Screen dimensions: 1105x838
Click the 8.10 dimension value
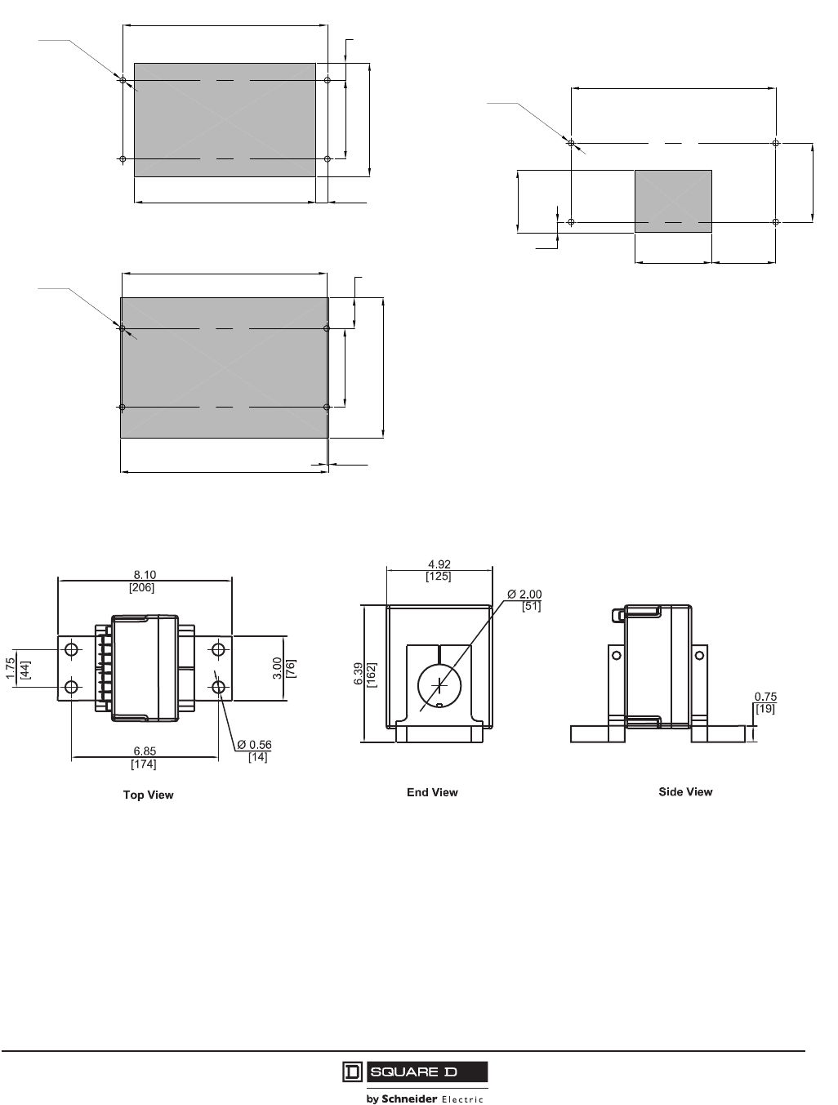pos(145,575)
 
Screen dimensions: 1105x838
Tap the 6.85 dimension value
pos(145,752)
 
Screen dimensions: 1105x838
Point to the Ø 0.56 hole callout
pos(254,744)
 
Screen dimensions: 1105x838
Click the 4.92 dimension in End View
pos(439,564)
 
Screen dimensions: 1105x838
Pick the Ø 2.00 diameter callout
pos(524,594)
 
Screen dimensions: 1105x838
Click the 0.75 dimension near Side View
pos(765,697)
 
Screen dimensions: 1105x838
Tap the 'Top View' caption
pos(148,795)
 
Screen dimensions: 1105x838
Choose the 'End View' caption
pos(432,792)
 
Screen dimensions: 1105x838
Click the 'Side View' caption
pos(685,791)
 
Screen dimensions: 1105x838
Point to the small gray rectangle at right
pos(673,201)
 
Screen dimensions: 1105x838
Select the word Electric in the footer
pos(462,1098)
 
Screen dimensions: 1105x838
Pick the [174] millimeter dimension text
pos(144,764)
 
